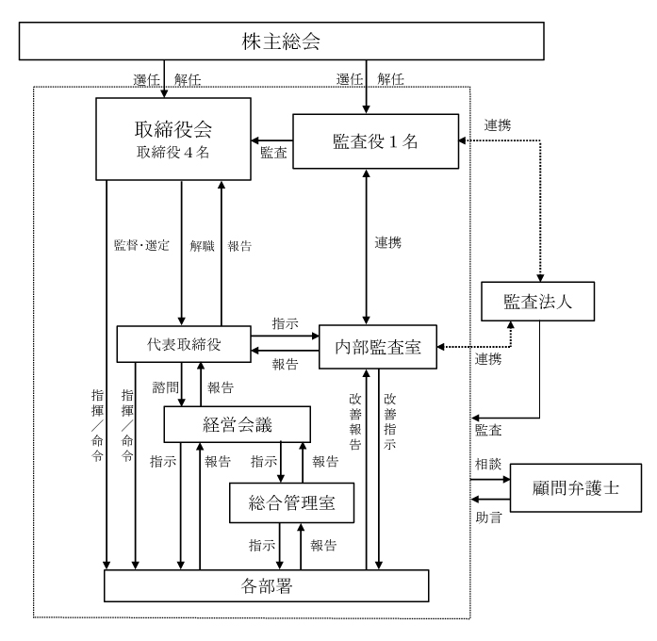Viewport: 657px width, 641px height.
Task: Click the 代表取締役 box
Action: [183, 344]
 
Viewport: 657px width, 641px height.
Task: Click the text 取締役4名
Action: [173, 152]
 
